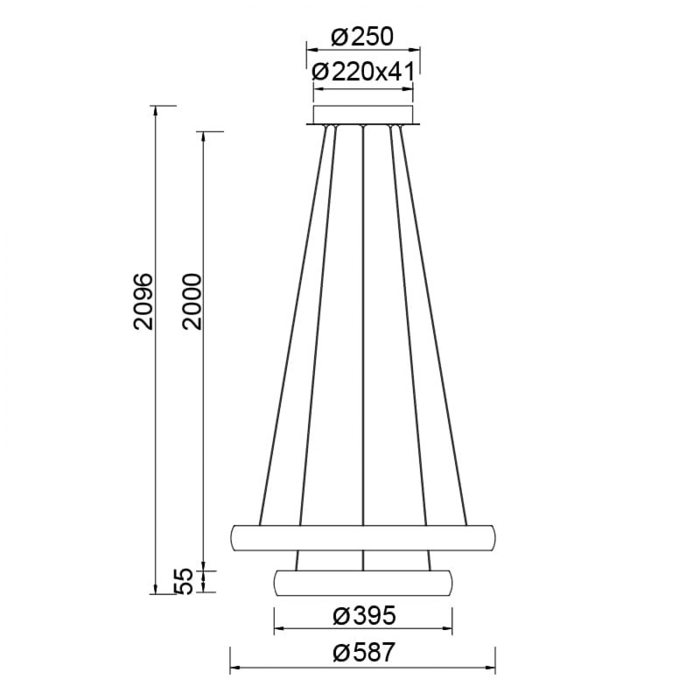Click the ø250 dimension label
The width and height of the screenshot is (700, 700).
tap(362, 37)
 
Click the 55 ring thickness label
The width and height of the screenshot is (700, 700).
tap(186, 581)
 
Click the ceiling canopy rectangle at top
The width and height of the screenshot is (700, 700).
tap(363, 115)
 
